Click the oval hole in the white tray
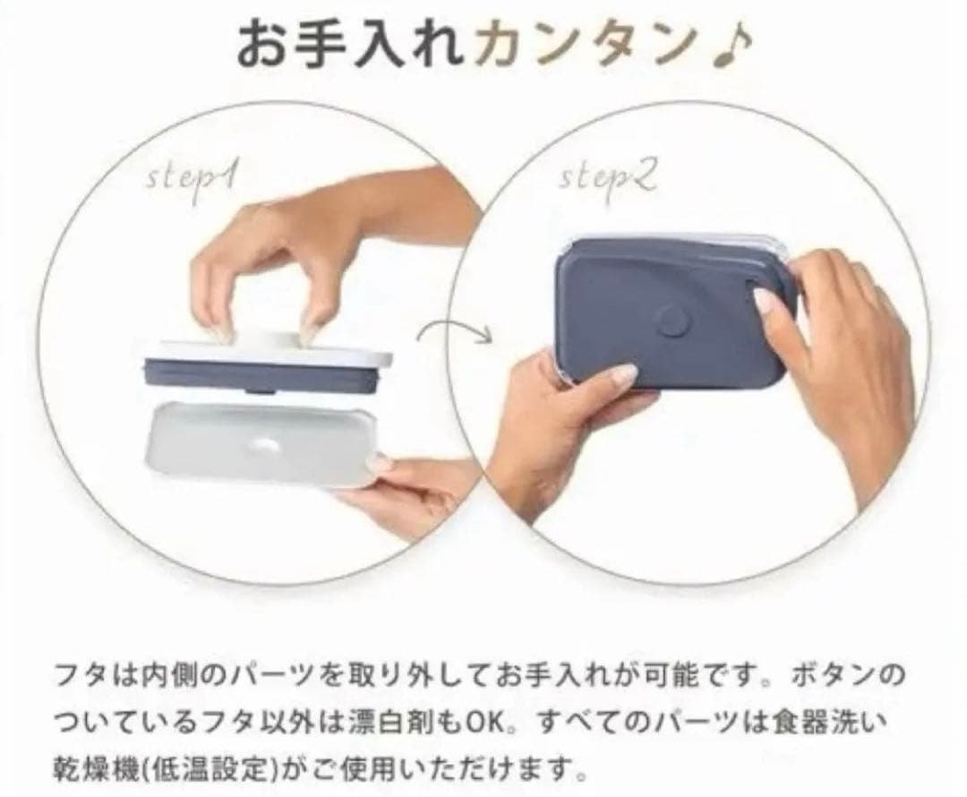pos(268,442)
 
